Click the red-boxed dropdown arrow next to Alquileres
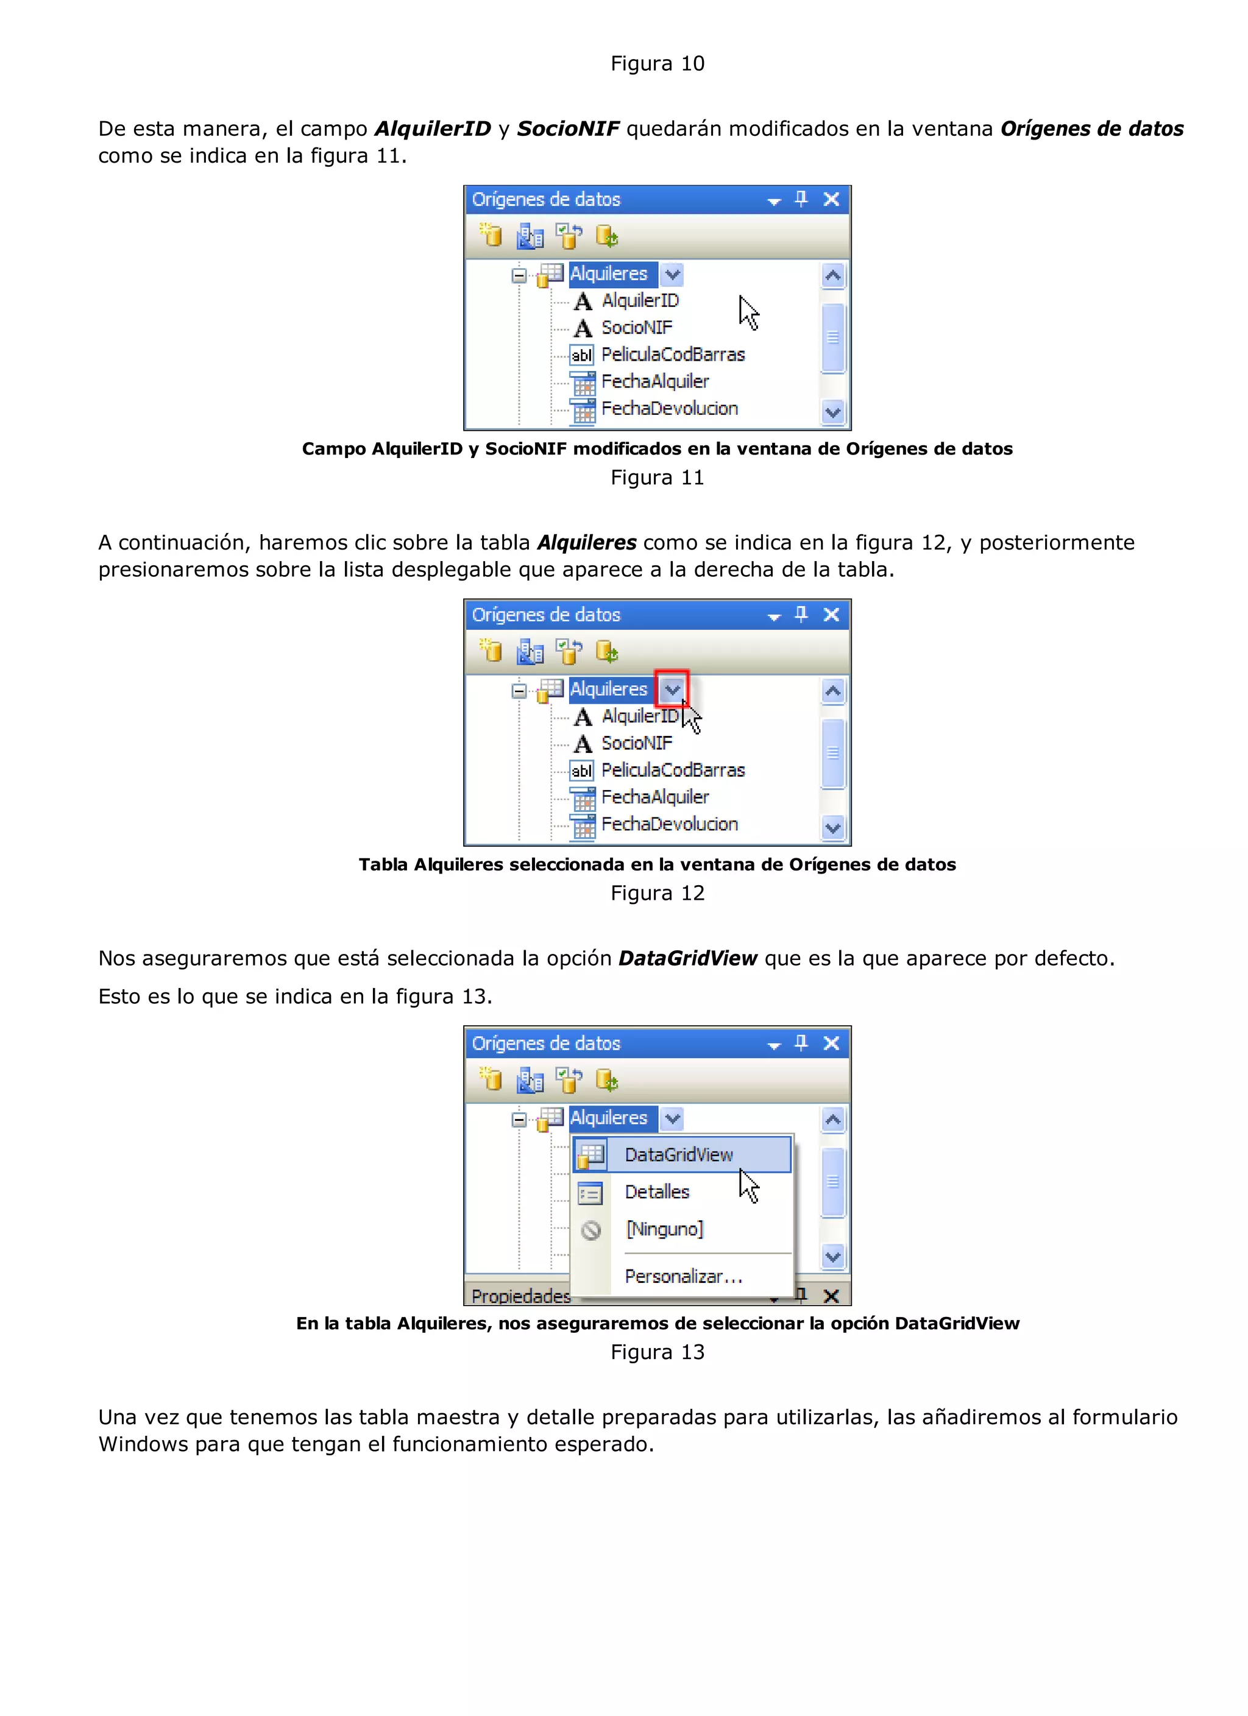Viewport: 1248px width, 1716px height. point(672,690)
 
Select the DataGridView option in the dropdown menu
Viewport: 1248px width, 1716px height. point(679,1154)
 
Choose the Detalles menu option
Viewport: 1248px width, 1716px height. point(657,1192)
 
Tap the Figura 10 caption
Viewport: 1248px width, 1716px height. point(657,63)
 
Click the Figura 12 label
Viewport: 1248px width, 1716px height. point(657,894)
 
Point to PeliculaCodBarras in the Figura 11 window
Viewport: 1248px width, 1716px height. point(673,355)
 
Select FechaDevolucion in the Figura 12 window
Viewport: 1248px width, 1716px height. point(669,824)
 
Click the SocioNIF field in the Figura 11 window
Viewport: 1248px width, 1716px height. point(636,328)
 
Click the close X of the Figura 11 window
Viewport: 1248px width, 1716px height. point(831,200)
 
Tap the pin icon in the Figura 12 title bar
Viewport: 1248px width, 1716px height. point(801,615)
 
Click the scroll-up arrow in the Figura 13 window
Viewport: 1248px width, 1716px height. point(832,1120)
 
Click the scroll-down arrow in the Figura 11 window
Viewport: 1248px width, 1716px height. point(832,413)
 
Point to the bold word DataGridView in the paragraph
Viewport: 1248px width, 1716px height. point(687,959)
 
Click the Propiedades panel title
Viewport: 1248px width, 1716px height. point(520,1296)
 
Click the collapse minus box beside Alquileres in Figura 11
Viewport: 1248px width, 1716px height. point(519,275)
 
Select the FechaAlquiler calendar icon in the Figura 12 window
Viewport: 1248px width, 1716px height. point(583,798)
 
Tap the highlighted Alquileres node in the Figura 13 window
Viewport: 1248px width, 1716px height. point(609,1118)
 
